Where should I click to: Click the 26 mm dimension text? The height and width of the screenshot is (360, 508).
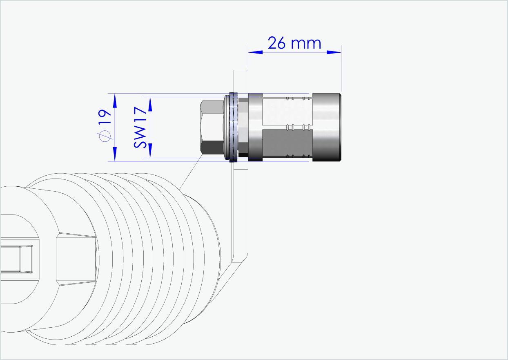click(x=294, y=43)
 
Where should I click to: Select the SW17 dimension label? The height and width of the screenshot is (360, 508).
click(x=140, y=127)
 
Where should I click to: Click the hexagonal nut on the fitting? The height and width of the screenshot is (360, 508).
click(x=212, y=127)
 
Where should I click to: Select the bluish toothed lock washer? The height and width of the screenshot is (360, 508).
click(x=234, y=127)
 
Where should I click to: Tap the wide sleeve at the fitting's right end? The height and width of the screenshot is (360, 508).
click(x=327, y=127)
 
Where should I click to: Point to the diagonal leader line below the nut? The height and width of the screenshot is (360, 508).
click(x=191, y=172)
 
